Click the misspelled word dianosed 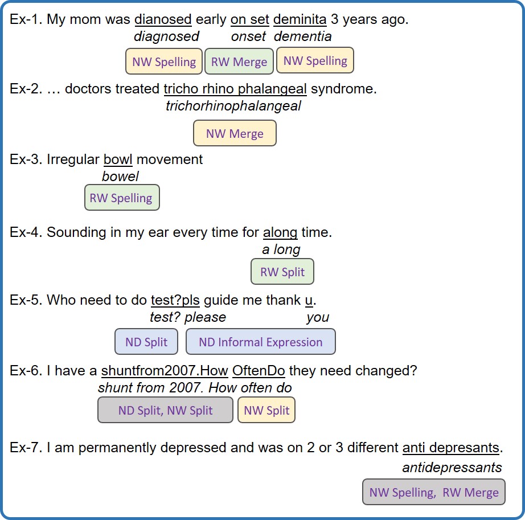coord(163,19)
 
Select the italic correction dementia coord(303,36)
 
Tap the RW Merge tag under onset coord(239,62)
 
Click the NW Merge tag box coord(235,133)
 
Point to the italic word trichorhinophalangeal coord(233,106)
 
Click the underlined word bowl coord(118,159)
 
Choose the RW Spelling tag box coord(122,198)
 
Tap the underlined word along coord(280,233)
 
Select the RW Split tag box coord(282,272)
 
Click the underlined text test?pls coord(175,300)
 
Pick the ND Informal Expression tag coord(260,342)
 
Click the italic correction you coord(318,317)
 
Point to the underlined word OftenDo coord(259,371)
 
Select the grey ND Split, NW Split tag coord(165,410)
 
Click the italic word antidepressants coord(452,468)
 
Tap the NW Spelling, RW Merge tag coord(433,492)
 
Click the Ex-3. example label coord(26,159)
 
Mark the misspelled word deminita coord(300,19)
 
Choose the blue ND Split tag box coord(146,342)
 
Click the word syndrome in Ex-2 coord(343,89)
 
